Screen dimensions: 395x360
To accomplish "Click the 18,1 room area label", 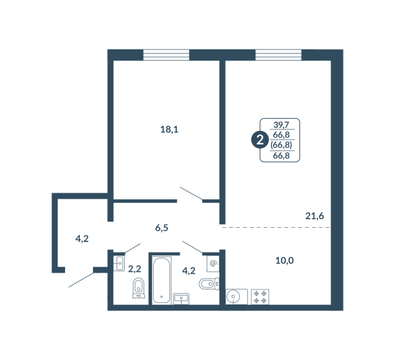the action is pos(169,129).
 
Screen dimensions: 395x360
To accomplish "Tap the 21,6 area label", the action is pos(314,216).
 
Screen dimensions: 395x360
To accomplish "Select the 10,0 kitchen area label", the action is pos(285,260).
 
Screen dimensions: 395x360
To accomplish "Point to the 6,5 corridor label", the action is pos(161,228).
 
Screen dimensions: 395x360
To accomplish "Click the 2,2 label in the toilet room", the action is pos(135,269).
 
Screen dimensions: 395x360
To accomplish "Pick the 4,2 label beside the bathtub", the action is pos(188,271).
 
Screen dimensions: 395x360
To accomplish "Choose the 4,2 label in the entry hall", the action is pos(82,239).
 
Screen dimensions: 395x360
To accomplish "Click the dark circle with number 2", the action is pos(259,140).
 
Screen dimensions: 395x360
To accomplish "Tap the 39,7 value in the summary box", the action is pos(281,125).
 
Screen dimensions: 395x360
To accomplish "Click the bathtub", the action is pos(161,280).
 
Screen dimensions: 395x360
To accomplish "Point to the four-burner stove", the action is pos(260,297).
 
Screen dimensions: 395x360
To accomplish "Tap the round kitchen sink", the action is pos(233,296).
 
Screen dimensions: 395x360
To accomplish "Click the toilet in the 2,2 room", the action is pos(138,288).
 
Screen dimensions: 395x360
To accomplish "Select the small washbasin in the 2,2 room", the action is pos(119,264).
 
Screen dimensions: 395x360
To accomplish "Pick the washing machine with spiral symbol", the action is pos(213,264).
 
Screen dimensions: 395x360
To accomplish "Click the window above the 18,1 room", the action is pos(166,55).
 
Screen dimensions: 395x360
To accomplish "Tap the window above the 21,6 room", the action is pos(278,55).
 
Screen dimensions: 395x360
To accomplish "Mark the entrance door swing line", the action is pos(81,280).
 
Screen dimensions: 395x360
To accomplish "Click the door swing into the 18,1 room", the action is pos(191,194).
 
